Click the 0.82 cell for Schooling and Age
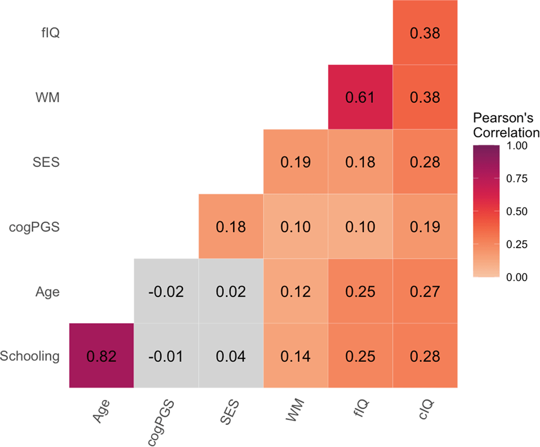click(101, 356)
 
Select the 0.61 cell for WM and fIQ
click(360, 97)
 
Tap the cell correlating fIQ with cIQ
click(425, 33)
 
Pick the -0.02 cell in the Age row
click(166, 291)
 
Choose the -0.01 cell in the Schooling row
click(166, 356)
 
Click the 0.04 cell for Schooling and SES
click(231, 356)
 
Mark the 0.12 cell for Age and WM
click(295, 291)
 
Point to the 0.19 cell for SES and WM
click(295, 162)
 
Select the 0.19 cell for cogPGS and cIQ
click(425, 227)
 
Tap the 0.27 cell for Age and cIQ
click(425, 291)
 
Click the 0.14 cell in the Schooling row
click(295, 356)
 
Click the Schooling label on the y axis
click(30, 357)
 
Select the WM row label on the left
click(48, 98)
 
